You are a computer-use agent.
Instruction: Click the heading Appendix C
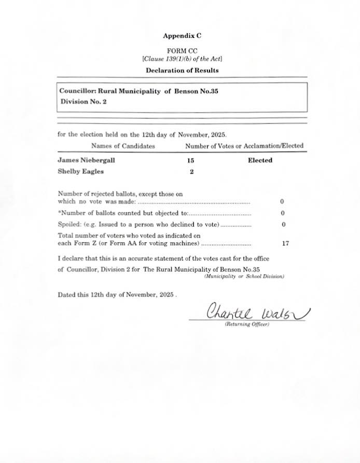pyautogui.click(x=182, y=36)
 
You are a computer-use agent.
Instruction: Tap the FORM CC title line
pyautogui.click(x=182, y=51)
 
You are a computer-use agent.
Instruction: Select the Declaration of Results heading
pyautogui.click(x=182, y=70)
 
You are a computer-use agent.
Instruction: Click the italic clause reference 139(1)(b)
pyautogui.click(x=179, y=59)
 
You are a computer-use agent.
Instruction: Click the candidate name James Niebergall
pyautogui.click(x=86, y=160)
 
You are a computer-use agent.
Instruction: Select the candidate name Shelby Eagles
pyautogui.click(x=80, y=171)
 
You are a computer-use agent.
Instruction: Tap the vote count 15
pyautogui.click(x=190, y=160)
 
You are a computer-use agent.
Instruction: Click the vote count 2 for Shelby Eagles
pyautogui.click(x=191, y=172)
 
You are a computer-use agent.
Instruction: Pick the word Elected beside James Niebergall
pyautogui.click(x=260, y=160)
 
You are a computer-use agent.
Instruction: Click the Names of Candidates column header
pyautogui.click(x=123, y=146)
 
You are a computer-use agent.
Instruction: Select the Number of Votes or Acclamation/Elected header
pyautogui.click(x=244, y=146)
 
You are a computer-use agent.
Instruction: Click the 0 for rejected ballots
pyautogui.click(x=282, y=201)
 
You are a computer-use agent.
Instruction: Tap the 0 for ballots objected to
pyautogui.click(x=283, y=213)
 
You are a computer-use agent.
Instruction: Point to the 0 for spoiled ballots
pyautogui.click(x=283, y=225)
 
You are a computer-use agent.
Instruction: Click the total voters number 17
pyautogui.click(x=285, y=243)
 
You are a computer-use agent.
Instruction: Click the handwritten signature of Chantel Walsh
pyautogui.click(x=258, y=312)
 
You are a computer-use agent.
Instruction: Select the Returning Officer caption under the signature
pyautogui.click(x=246, y=324)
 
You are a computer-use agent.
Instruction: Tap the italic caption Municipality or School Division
pyautogui.click(x=244, y=277)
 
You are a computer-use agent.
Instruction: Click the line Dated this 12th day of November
pyautogui.click(x=117, y=294)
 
